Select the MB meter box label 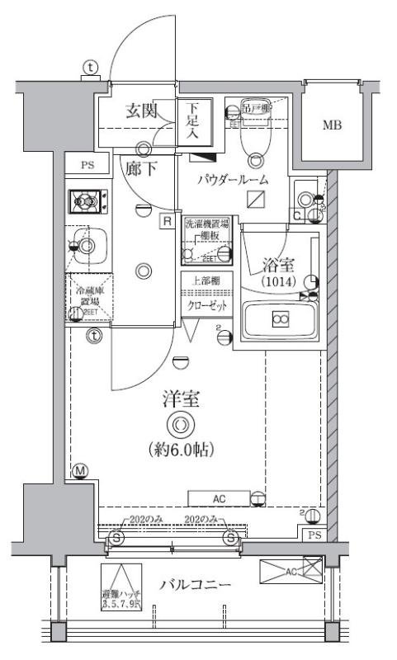click(333, 125)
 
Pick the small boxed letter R click(167, 221)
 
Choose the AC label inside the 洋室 click(219, 497)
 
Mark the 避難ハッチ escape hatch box click(121, 587)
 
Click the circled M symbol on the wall click(80, 472)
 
